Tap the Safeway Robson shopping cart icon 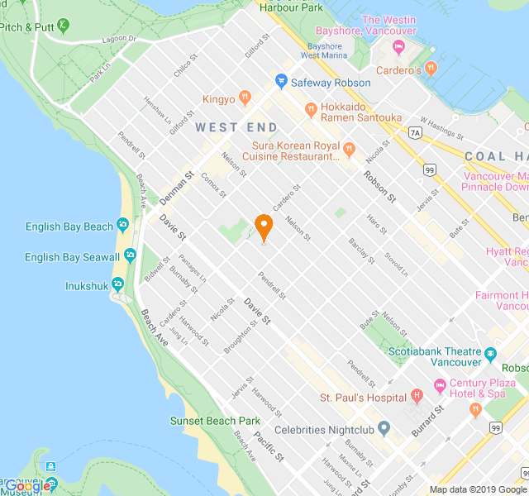coord(281,81)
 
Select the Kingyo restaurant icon coord(245,98)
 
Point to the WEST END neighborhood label coord(236,127)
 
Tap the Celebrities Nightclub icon coord(384,429)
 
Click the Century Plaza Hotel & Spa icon coord(440,385)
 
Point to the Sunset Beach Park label coord(215,421)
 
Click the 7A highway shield coord(415,131)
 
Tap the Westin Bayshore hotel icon coord(399,46)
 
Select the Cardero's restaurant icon coord(430,68)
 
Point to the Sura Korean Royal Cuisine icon coord(349,150)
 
